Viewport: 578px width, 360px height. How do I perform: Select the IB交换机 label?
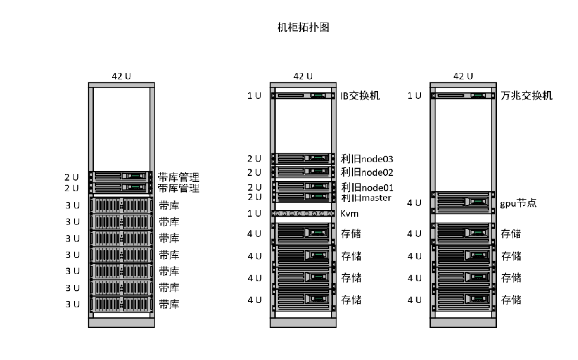[x=360, y=95]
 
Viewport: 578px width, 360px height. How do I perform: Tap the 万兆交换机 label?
[x=526, y=95]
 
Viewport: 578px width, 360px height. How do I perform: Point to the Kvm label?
[x=350, y=213]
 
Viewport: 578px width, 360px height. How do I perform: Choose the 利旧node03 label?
[x=367, y=159]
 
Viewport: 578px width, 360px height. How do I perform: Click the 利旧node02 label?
[x=367, y=172]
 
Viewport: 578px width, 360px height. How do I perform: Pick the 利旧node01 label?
[x=367, y=188]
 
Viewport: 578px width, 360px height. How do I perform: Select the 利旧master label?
[x=366, y=197]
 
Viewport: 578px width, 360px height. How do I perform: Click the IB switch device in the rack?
[x=302, y=95]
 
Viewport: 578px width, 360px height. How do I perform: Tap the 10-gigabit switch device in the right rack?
[x=463, y=95]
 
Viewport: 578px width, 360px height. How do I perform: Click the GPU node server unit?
[x=463, y=202]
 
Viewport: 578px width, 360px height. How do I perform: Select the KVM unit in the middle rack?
[x=302, y=213]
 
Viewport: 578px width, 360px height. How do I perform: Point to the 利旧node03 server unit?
[x=302, y=158]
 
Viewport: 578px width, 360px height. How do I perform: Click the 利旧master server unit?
[x=302, y=197]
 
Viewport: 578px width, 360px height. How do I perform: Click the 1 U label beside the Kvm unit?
[x=254, y=213]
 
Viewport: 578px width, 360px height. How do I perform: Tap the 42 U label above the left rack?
[x=121, y=76]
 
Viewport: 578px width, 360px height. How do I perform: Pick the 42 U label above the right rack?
[x=463, y=76]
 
